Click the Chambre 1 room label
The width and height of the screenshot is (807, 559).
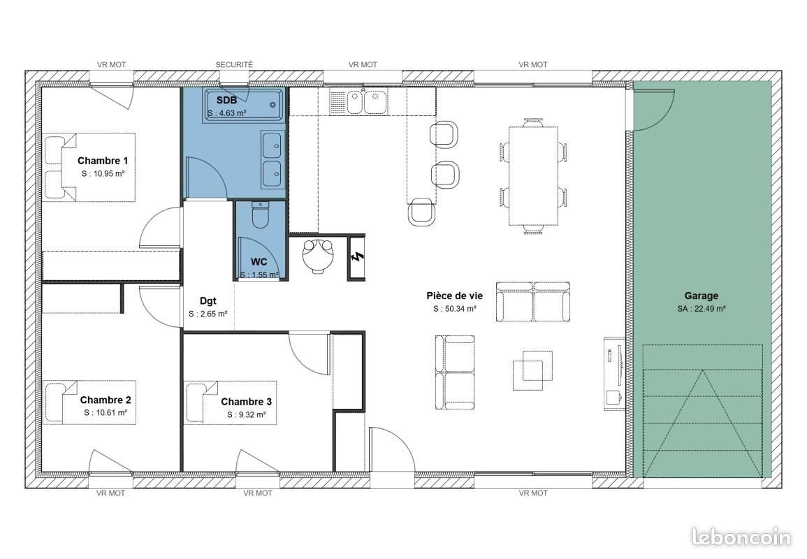(x=102, y=161)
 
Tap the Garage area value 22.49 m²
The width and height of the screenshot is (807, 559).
(x=701, y=309)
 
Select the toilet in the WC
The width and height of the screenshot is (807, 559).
(x=261, y=215)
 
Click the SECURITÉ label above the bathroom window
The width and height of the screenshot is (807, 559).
(x=234, y=64)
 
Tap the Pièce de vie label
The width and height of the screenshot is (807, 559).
(x=454, y=296)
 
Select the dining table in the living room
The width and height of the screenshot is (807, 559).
(x=534, y=175)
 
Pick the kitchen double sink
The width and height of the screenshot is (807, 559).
(x=365, y=102)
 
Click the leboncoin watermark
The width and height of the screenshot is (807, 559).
(x=740, y=537)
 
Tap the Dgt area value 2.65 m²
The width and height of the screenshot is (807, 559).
(x=208, y=314)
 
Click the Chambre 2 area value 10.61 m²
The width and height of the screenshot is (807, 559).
(x=106, y=413)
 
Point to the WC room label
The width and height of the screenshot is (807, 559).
(x=259, y=262)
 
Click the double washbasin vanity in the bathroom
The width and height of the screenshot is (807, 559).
(x=272, y=159)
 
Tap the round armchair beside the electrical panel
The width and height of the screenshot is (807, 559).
(x=319, y=255)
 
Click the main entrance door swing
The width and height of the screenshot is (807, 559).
(x=390, y=451)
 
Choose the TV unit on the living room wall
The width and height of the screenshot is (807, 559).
(x=613, y=371)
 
